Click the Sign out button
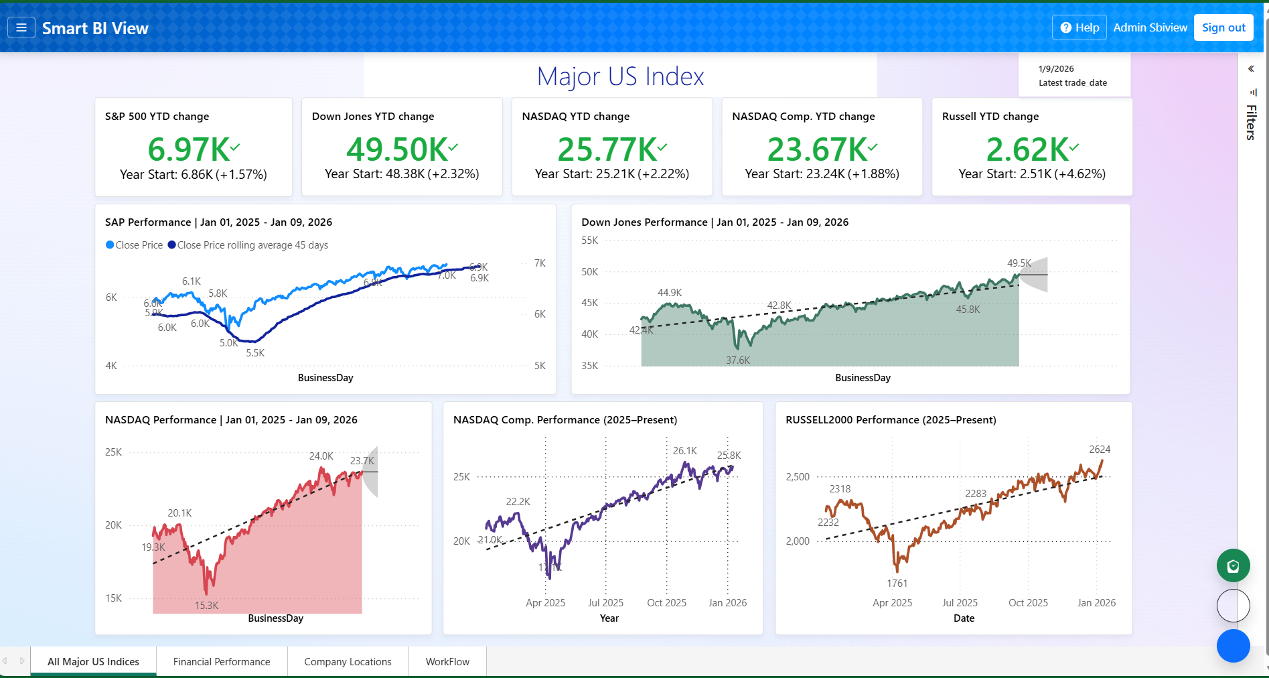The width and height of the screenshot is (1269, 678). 1223,27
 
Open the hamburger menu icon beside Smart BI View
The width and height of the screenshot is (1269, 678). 21,27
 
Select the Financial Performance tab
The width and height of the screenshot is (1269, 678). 222,661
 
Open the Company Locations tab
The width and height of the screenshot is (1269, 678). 348,661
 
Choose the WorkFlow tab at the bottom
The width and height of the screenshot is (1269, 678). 447,661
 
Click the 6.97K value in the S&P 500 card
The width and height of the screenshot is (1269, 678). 189,149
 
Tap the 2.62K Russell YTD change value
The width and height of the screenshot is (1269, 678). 1027,149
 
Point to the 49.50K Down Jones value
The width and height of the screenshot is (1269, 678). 397,149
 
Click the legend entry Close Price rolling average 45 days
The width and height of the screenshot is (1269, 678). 252,245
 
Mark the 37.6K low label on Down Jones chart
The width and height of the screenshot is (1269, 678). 738,360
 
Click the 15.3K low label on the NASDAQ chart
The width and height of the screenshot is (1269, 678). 206,606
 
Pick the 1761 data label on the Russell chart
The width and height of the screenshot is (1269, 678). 897,584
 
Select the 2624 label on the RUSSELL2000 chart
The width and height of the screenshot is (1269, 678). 1100,450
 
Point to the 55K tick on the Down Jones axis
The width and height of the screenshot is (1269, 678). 590,241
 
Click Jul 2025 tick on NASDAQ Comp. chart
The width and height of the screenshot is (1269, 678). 605,603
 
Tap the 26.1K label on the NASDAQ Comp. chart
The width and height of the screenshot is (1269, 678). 685,451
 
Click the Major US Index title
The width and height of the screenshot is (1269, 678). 620,76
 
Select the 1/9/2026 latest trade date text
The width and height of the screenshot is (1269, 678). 1056,69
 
